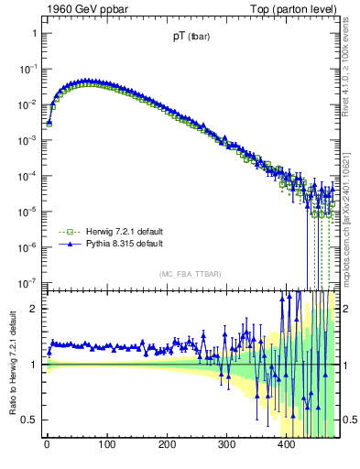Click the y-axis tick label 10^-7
(27, 282)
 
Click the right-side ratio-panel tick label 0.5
(349, 420)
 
